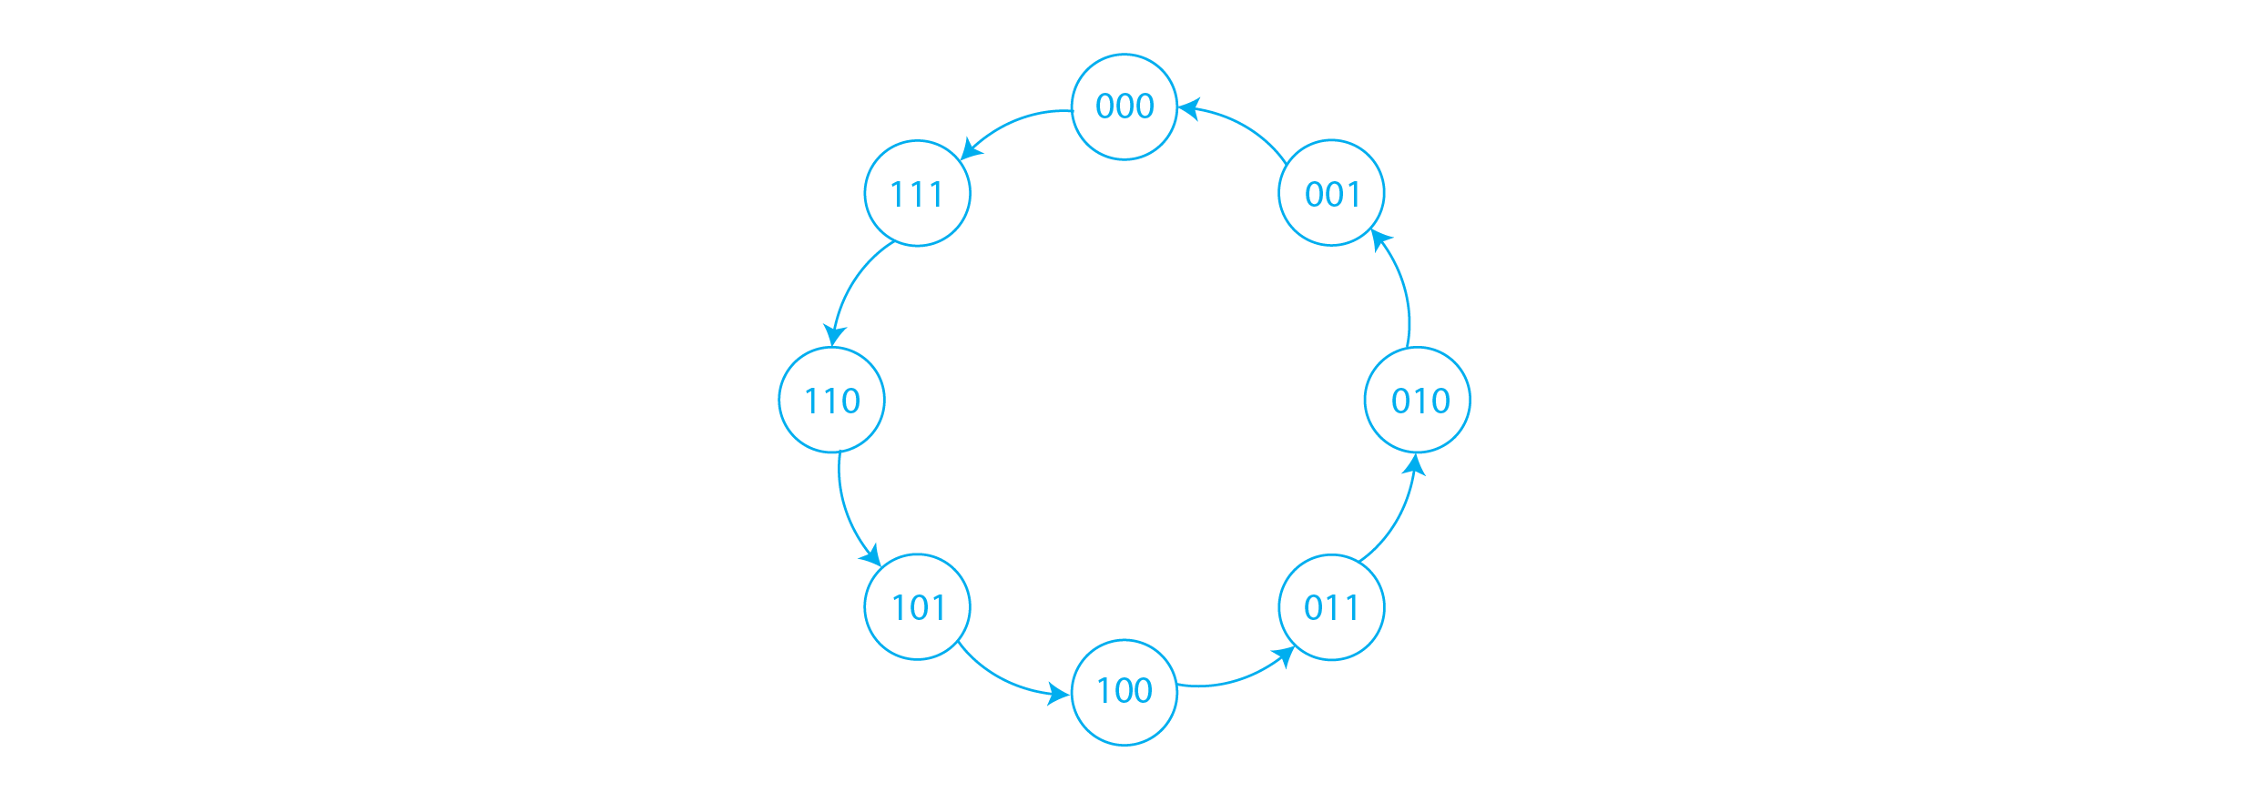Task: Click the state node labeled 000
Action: (1124, 107)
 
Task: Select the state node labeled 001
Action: (1331, 193)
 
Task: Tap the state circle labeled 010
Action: (1417, 400)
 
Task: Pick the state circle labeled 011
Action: (1331, 606)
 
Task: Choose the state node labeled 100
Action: (1124, 692)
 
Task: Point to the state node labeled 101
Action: (918, 606)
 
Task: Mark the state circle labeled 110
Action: (831, 400)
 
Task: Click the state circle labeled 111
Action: (918, 193)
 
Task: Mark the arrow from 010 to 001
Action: (1402, 282)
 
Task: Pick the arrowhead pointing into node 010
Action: (1415, 465)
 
